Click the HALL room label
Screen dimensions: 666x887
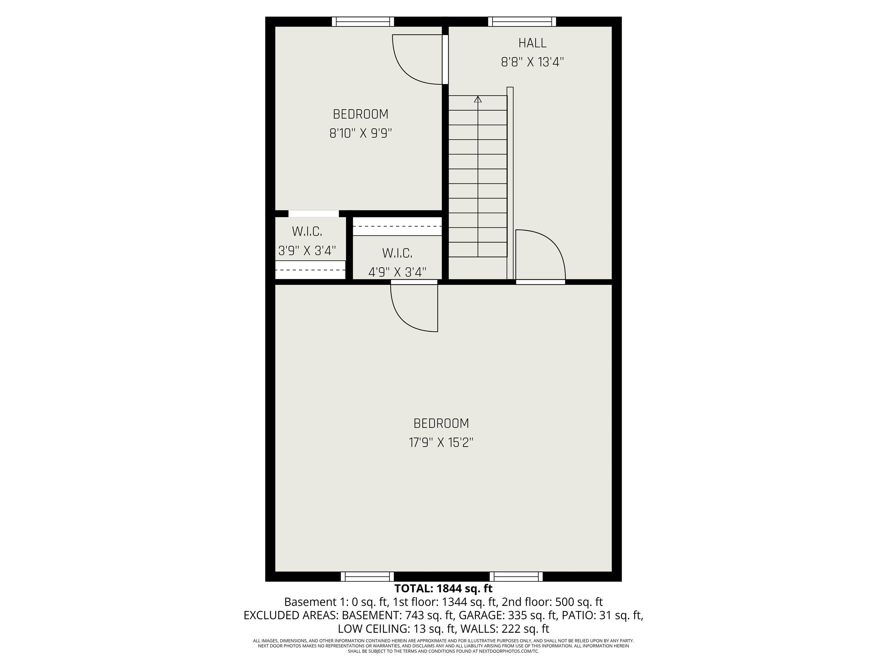point(532,43)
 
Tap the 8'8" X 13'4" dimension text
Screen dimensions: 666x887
point(532,62)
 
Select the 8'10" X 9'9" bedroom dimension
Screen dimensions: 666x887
point(361,133)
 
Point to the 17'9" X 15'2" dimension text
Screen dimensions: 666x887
point(441,443)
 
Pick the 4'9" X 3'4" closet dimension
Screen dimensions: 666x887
point(397,273)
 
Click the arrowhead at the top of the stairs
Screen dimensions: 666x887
point(478,99)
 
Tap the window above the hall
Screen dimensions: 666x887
point(522,22)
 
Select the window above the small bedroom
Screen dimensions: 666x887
point(363,22)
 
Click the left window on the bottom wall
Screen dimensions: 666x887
point(367,576)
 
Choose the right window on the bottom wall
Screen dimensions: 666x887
point(516,576)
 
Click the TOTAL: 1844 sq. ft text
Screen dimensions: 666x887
point(443,589)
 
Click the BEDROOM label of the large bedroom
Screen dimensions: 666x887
point(441,423)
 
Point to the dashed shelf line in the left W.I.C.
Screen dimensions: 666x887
point(310,270)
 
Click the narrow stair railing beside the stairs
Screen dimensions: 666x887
point(510,183)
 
